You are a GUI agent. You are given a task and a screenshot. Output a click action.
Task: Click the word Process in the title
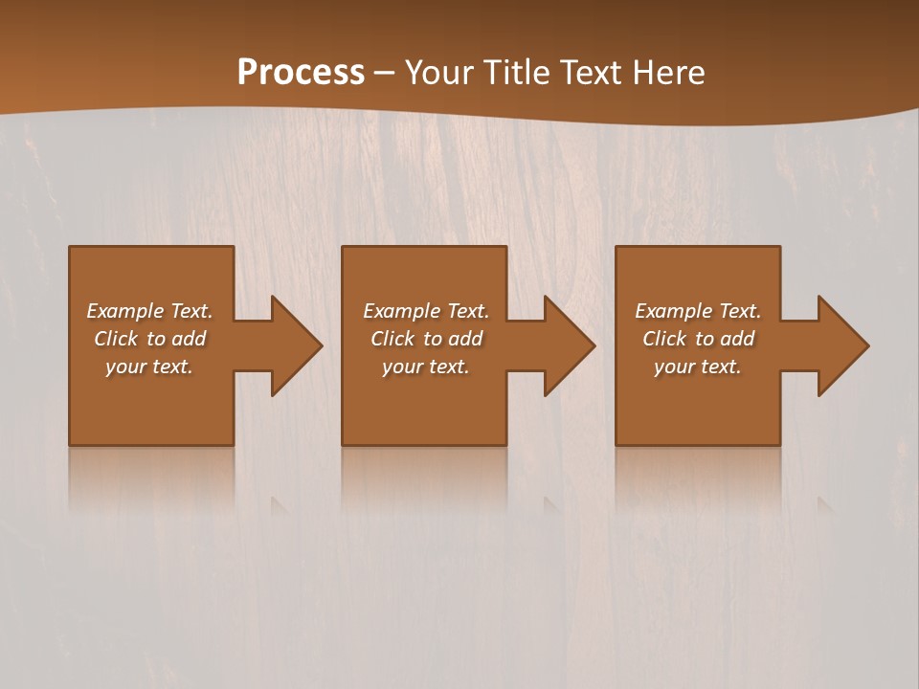coord(301,73)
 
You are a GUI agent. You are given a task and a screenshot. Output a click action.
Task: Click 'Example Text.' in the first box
coord(149,311)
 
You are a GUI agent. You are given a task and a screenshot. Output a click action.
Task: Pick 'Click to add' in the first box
coord(149,339)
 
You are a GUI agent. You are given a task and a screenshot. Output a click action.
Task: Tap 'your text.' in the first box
coord(149,367)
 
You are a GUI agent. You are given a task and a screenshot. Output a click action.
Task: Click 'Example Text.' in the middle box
coord(426,311)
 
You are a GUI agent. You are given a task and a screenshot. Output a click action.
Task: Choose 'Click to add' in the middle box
coord(426,339)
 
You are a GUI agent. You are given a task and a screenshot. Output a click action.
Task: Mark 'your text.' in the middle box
coord(426,367)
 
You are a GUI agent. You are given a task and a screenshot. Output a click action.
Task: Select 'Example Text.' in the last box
coord(698,311)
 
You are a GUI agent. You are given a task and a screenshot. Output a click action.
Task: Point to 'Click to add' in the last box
coord(698,339)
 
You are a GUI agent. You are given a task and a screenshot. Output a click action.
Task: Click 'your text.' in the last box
coord(698,367)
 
